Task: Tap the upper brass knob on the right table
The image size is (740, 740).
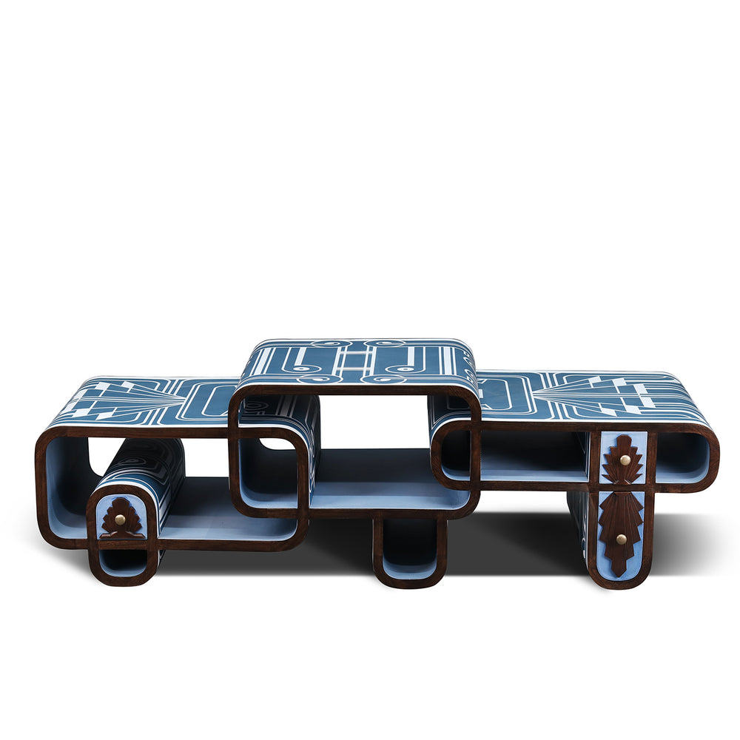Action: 624,460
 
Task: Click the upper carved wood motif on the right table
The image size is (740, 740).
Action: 622,460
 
